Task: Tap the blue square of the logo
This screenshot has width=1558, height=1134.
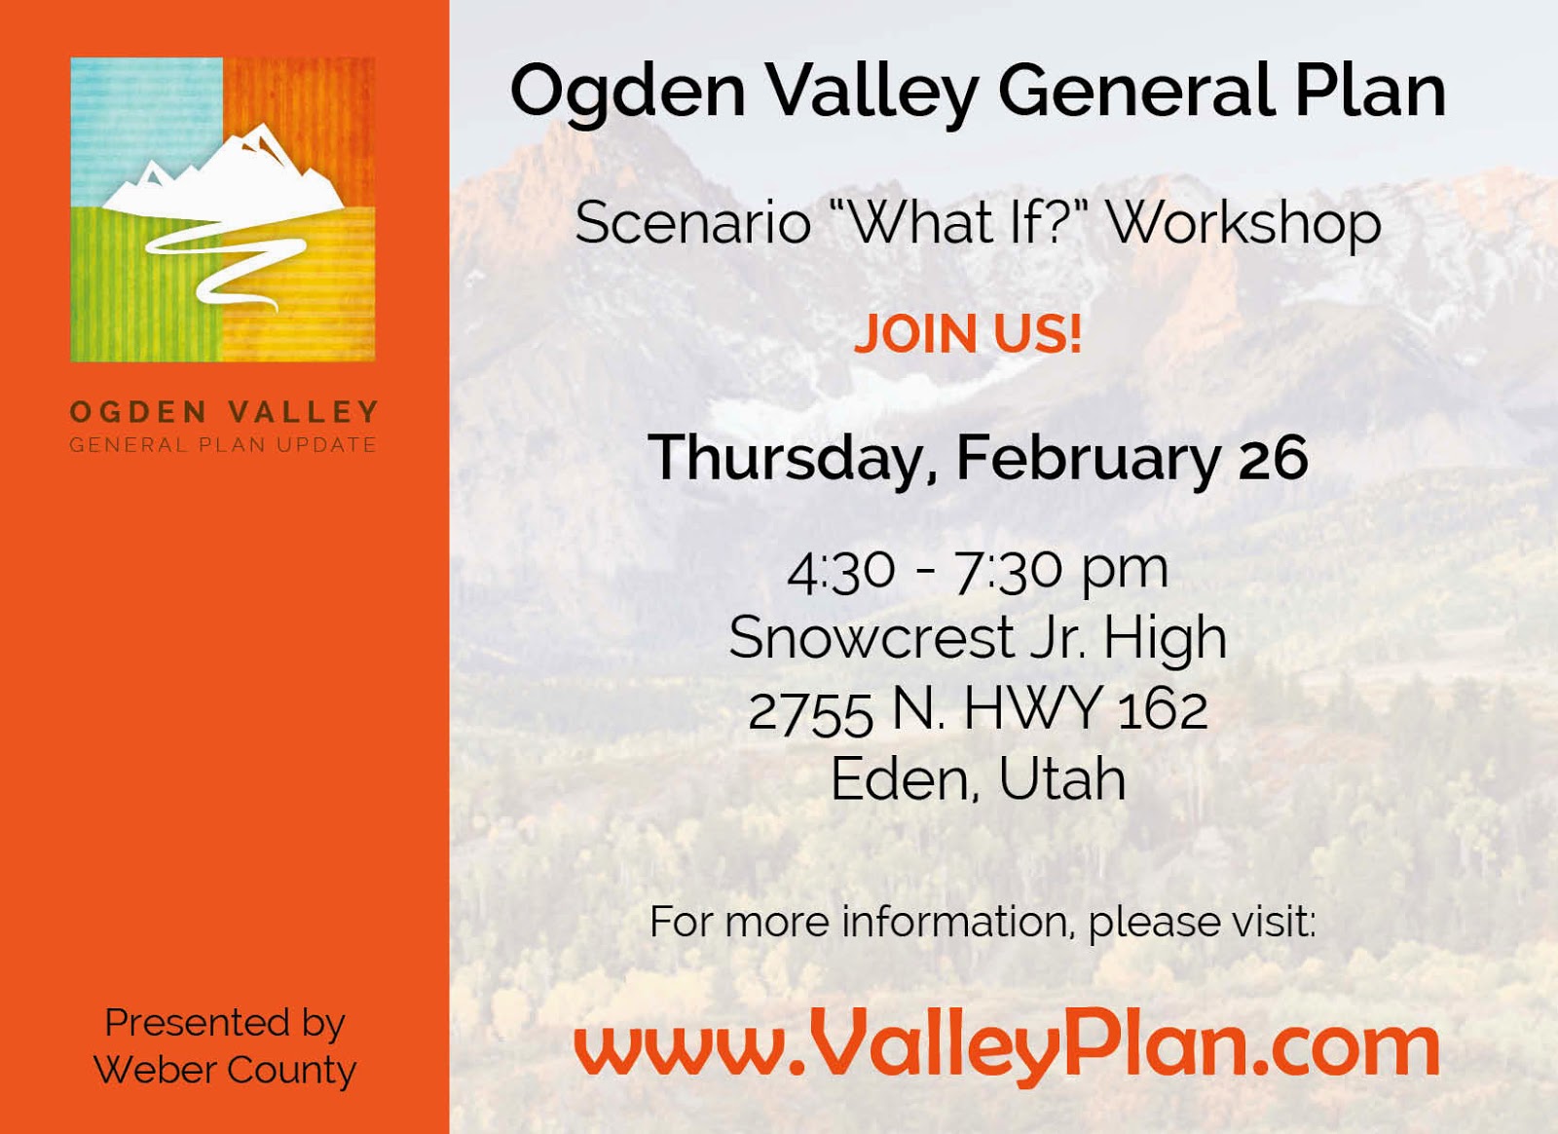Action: click(147, 132)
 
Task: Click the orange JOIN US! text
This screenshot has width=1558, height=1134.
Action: click(968, 334)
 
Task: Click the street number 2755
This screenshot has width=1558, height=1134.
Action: click(810, 712)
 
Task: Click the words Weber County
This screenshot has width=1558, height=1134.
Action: click(225, 1070)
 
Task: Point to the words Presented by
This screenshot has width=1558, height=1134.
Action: click(225, 1024)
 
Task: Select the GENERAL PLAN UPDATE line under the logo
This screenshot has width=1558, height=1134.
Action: click(223, 444)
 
